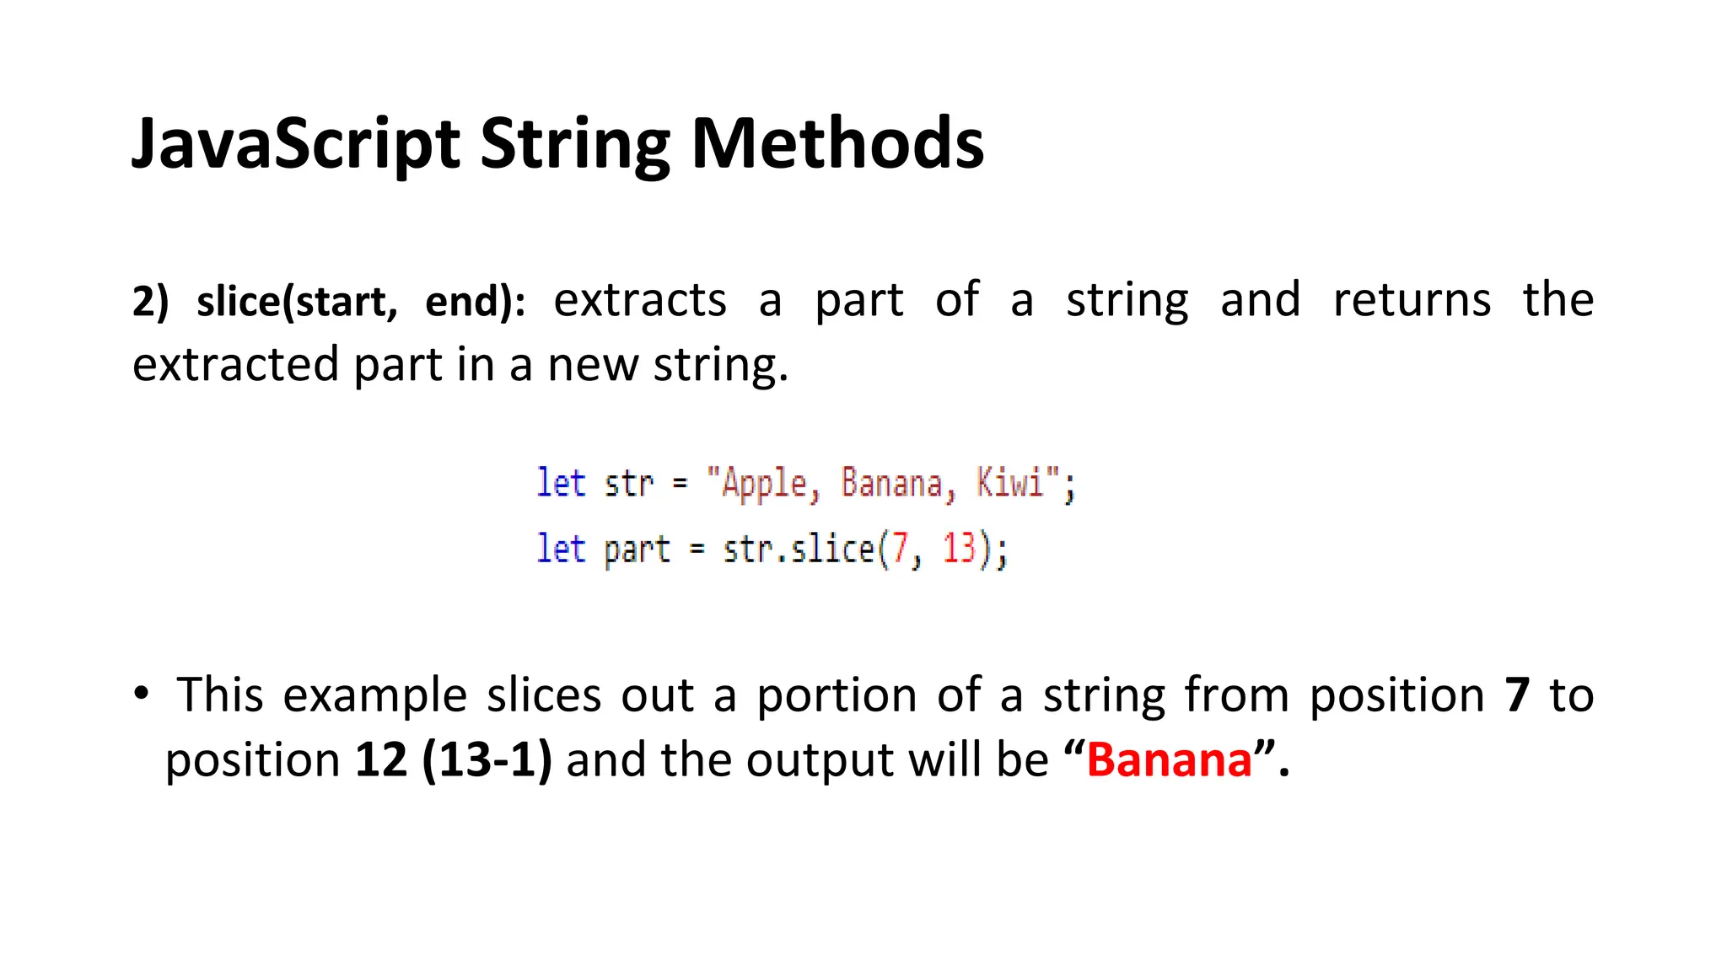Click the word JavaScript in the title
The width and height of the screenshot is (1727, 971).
pyautogui.click(x=295, y=143)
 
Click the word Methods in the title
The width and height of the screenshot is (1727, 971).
pyautogui.click(x=837, y=143)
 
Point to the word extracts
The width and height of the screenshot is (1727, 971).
pyautogui.click(x=639, y=300)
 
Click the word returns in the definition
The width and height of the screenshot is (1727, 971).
pyautogui.click(x=1411, y=300)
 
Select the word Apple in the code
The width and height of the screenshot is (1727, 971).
pyautogui.click(x=764, y=484)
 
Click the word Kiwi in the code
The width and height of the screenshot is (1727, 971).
pyautogui.click(x=1009, y=483)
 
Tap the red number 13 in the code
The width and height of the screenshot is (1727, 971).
pyautogui.click(x=959, y=549)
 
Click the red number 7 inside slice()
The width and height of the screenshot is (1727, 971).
pyautogui.click(x=899, y=549)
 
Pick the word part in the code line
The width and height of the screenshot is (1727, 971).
pyautogui.click(x=637, y=550)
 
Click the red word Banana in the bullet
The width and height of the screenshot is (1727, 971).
pyautogui.click(x=1169, y=759)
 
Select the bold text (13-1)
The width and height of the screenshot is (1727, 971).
pyautogui.click(x=487, y=759)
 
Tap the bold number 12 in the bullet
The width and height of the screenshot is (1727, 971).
pyautogui.click(x=381, y=759)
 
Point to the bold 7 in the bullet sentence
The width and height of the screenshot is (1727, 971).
pyautogui.click(x=1517, y=695)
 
